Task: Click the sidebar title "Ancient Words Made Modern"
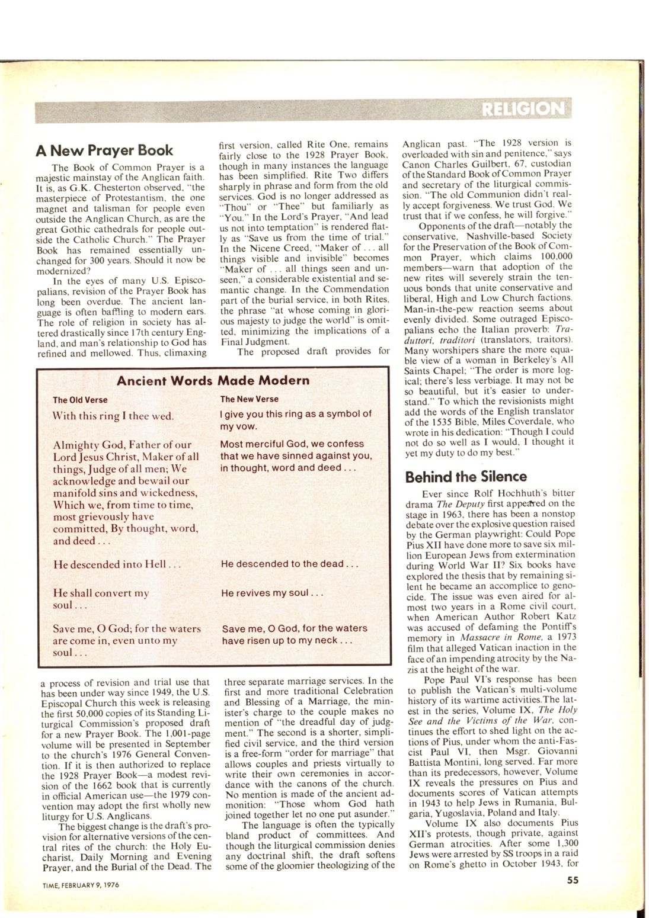pos(213,380)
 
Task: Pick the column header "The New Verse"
pos(249,399)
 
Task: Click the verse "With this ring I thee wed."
pos(113,415)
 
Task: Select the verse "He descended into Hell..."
pos(116,564)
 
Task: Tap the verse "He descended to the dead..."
pos(289,564)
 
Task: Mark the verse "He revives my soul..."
pos(271,592)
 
